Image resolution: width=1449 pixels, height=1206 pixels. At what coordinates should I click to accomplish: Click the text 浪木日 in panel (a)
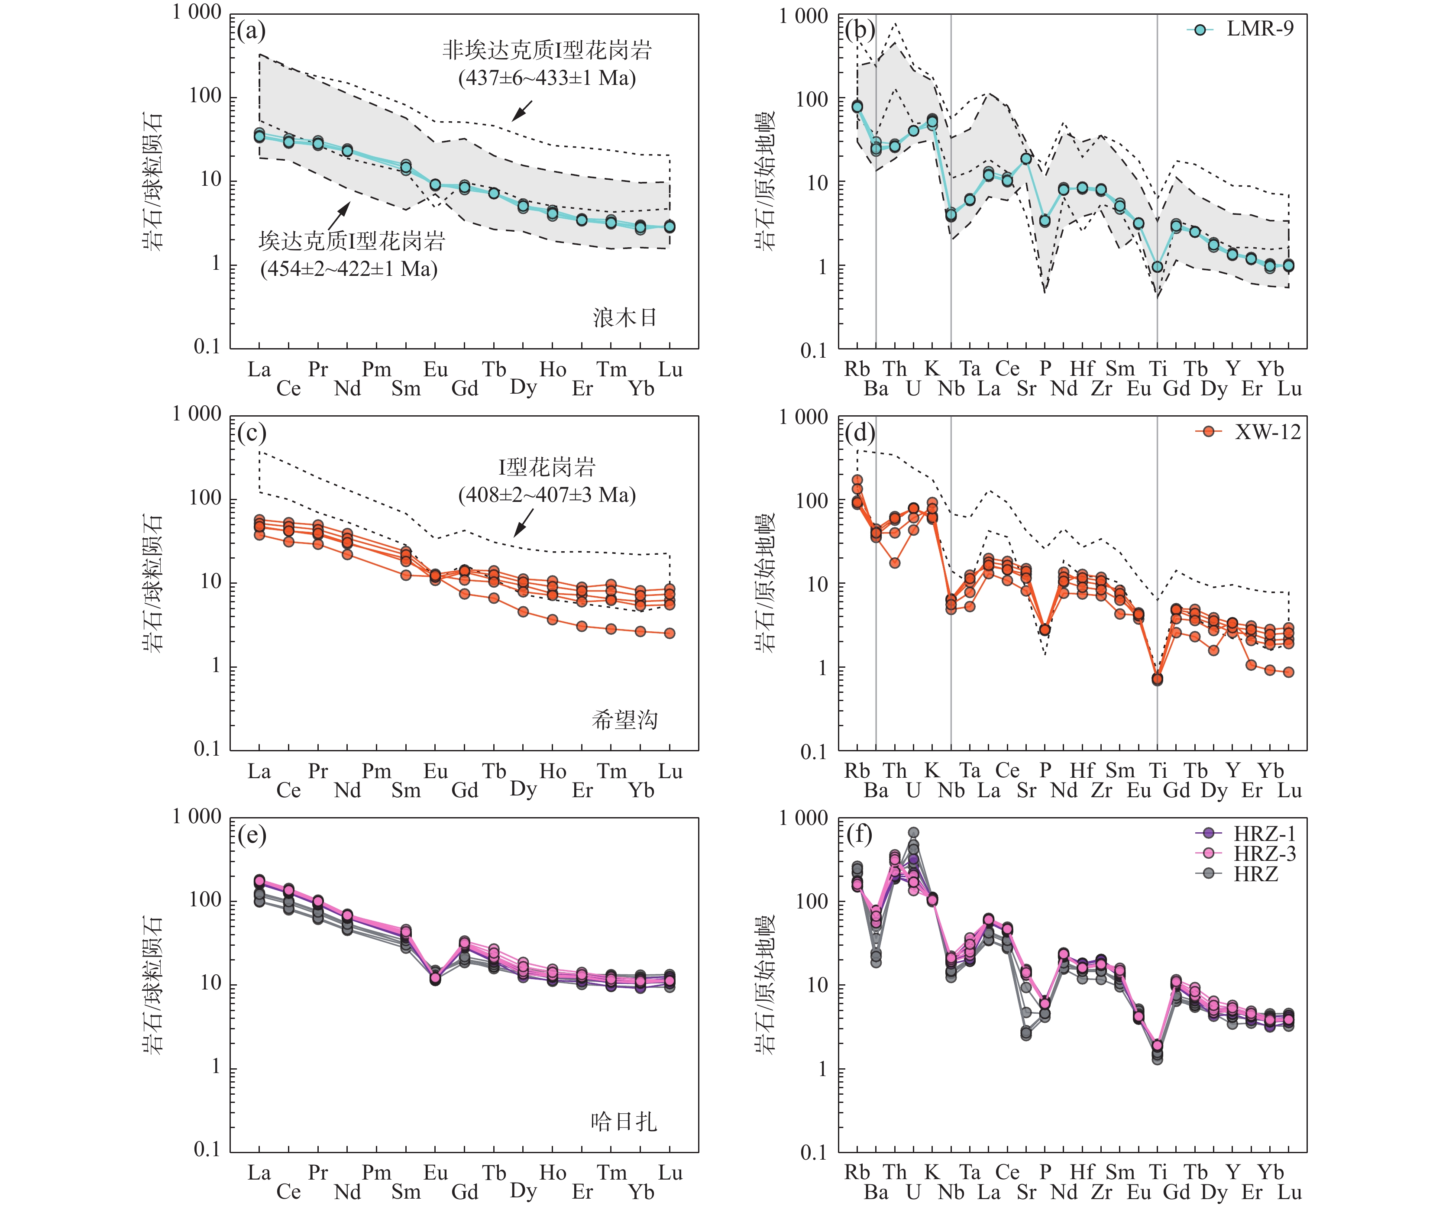[x=624, y=317]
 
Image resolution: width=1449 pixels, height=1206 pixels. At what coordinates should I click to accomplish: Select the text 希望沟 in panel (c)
[x=624, y=720]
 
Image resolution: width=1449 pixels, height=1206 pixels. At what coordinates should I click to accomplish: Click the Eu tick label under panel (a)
[x=435, y=370]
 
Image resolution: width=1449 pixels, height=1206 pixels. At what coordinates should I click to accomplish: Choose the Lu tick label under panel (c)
[x=670, y=771]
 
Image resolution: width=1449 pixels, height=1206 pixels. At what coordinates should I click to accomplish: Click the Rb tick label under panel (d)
[x=857, y=771]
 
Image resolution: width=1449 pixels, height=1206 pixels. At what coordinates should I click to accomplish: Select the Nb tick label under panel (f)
[x=951, y=1192]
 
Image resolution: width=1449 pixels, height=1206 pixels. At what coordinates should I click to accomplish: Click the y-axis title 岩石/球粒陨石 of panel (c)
[x=153, y=583]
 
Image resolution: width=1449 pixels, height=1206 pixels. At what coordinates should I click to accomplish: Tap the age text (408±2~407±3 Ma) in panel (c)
[x=547, y=495]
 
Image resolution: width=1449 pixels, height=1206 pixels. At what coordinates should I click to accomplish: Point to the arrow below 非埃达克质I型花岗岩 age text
[x=522, y=110]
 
